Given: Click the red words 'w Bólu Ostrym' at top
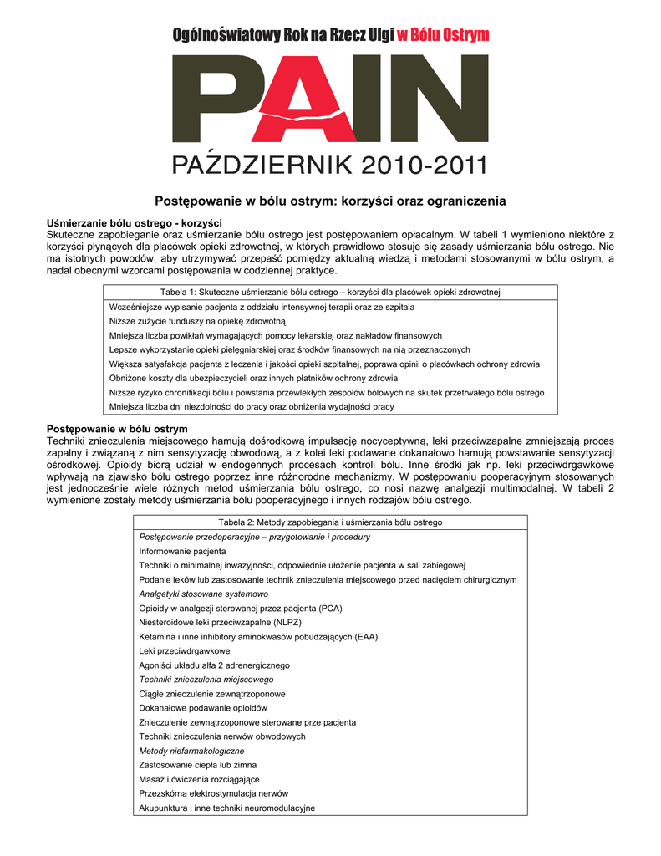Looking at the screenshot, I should coord(442,34).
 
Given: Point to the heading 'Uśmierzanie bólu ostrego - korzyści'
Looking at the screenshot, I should coord(135,223).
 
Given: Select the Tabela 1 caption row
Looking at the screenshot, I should coord(330,292).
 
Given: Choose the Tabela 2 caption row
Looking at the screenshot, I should coord(330,522).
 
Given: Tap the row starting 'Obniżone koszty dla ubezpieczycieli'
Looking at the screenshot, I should coord(242,378).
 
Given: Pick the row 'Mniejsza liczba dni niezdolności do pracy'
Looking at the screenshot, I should coord(252,406).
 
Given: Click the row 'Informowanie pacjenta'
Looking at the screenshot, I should coord(182,552).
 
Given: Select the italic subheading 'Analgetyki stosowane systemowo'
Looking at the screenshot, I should coord(204,594).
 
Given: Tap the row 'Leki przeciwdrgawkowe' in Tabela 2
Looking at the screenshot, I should coord(185,650).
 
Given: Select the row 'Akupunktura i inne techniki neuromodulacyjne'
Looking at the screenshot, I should coord(227,808).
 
